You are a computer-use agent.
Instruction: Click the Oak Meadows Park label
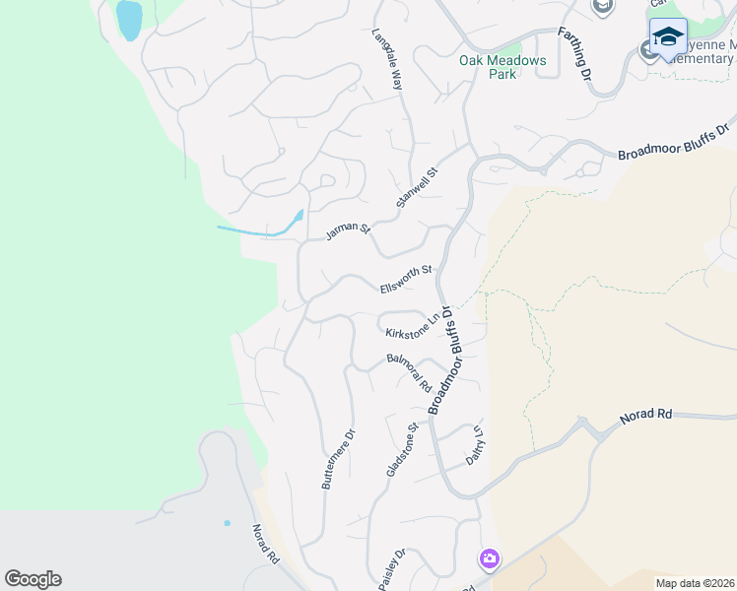coord(502,67)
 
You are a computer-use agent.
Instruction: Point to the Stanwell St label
coord(416,187)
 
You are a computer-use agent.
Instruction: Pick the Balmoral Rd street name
coord(408,370)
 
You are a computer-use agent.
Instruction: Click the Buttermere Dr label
coord(337,458)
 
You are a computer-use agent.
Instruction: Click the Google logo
coord(33,579)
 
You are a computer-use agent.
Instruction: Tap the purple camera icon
coord(489,559)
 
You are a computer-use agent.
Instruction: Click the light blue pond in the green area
coord(128,20)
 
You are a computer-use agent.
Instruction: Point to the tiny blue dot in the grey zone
coord(227,522)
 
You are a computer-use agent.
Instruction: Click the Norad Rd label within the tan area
coord(645,416)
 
